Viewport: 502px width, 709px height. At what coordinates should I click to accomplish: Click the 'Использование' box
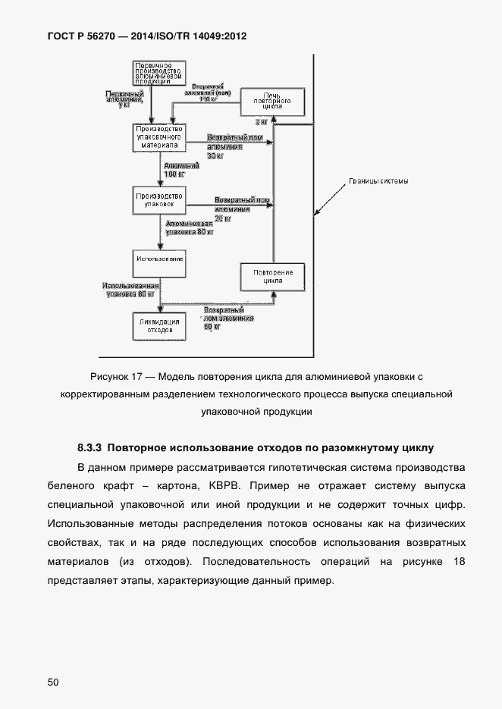pos(158,260)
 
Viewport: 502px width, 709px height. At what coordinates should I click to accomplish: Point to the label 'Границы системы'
pos(378,181)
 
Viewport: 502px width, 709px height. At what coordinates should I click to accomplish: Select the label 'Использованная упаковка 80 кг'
pos(130,289)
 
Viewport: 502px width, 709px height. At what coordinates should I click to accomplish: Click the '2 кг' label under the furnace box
pos(261,122)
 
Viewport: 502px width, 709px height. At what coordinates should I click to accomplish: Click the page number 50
pos(53,682)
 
